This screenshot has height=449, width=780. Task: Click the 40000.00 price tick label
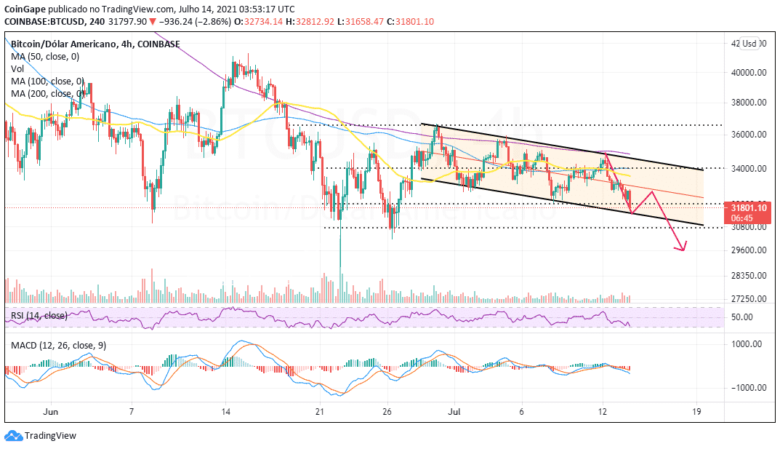(x=747, y=73)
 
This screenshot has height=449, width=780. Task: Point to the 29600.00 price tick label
(x=747, y=250)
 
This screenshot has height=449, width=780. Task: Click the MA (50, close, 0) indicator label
(x=44, y=56)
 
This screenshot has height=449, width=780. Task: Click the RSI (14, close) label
(x=39, y=316)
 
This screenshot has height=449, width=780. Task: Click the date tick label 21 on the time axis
(x=320, y=410)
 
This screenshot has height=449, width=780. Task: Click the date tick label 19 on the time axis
(x=697, y=410)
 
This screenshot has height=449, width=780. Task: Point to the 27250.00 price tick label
(x=747, y=299)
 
